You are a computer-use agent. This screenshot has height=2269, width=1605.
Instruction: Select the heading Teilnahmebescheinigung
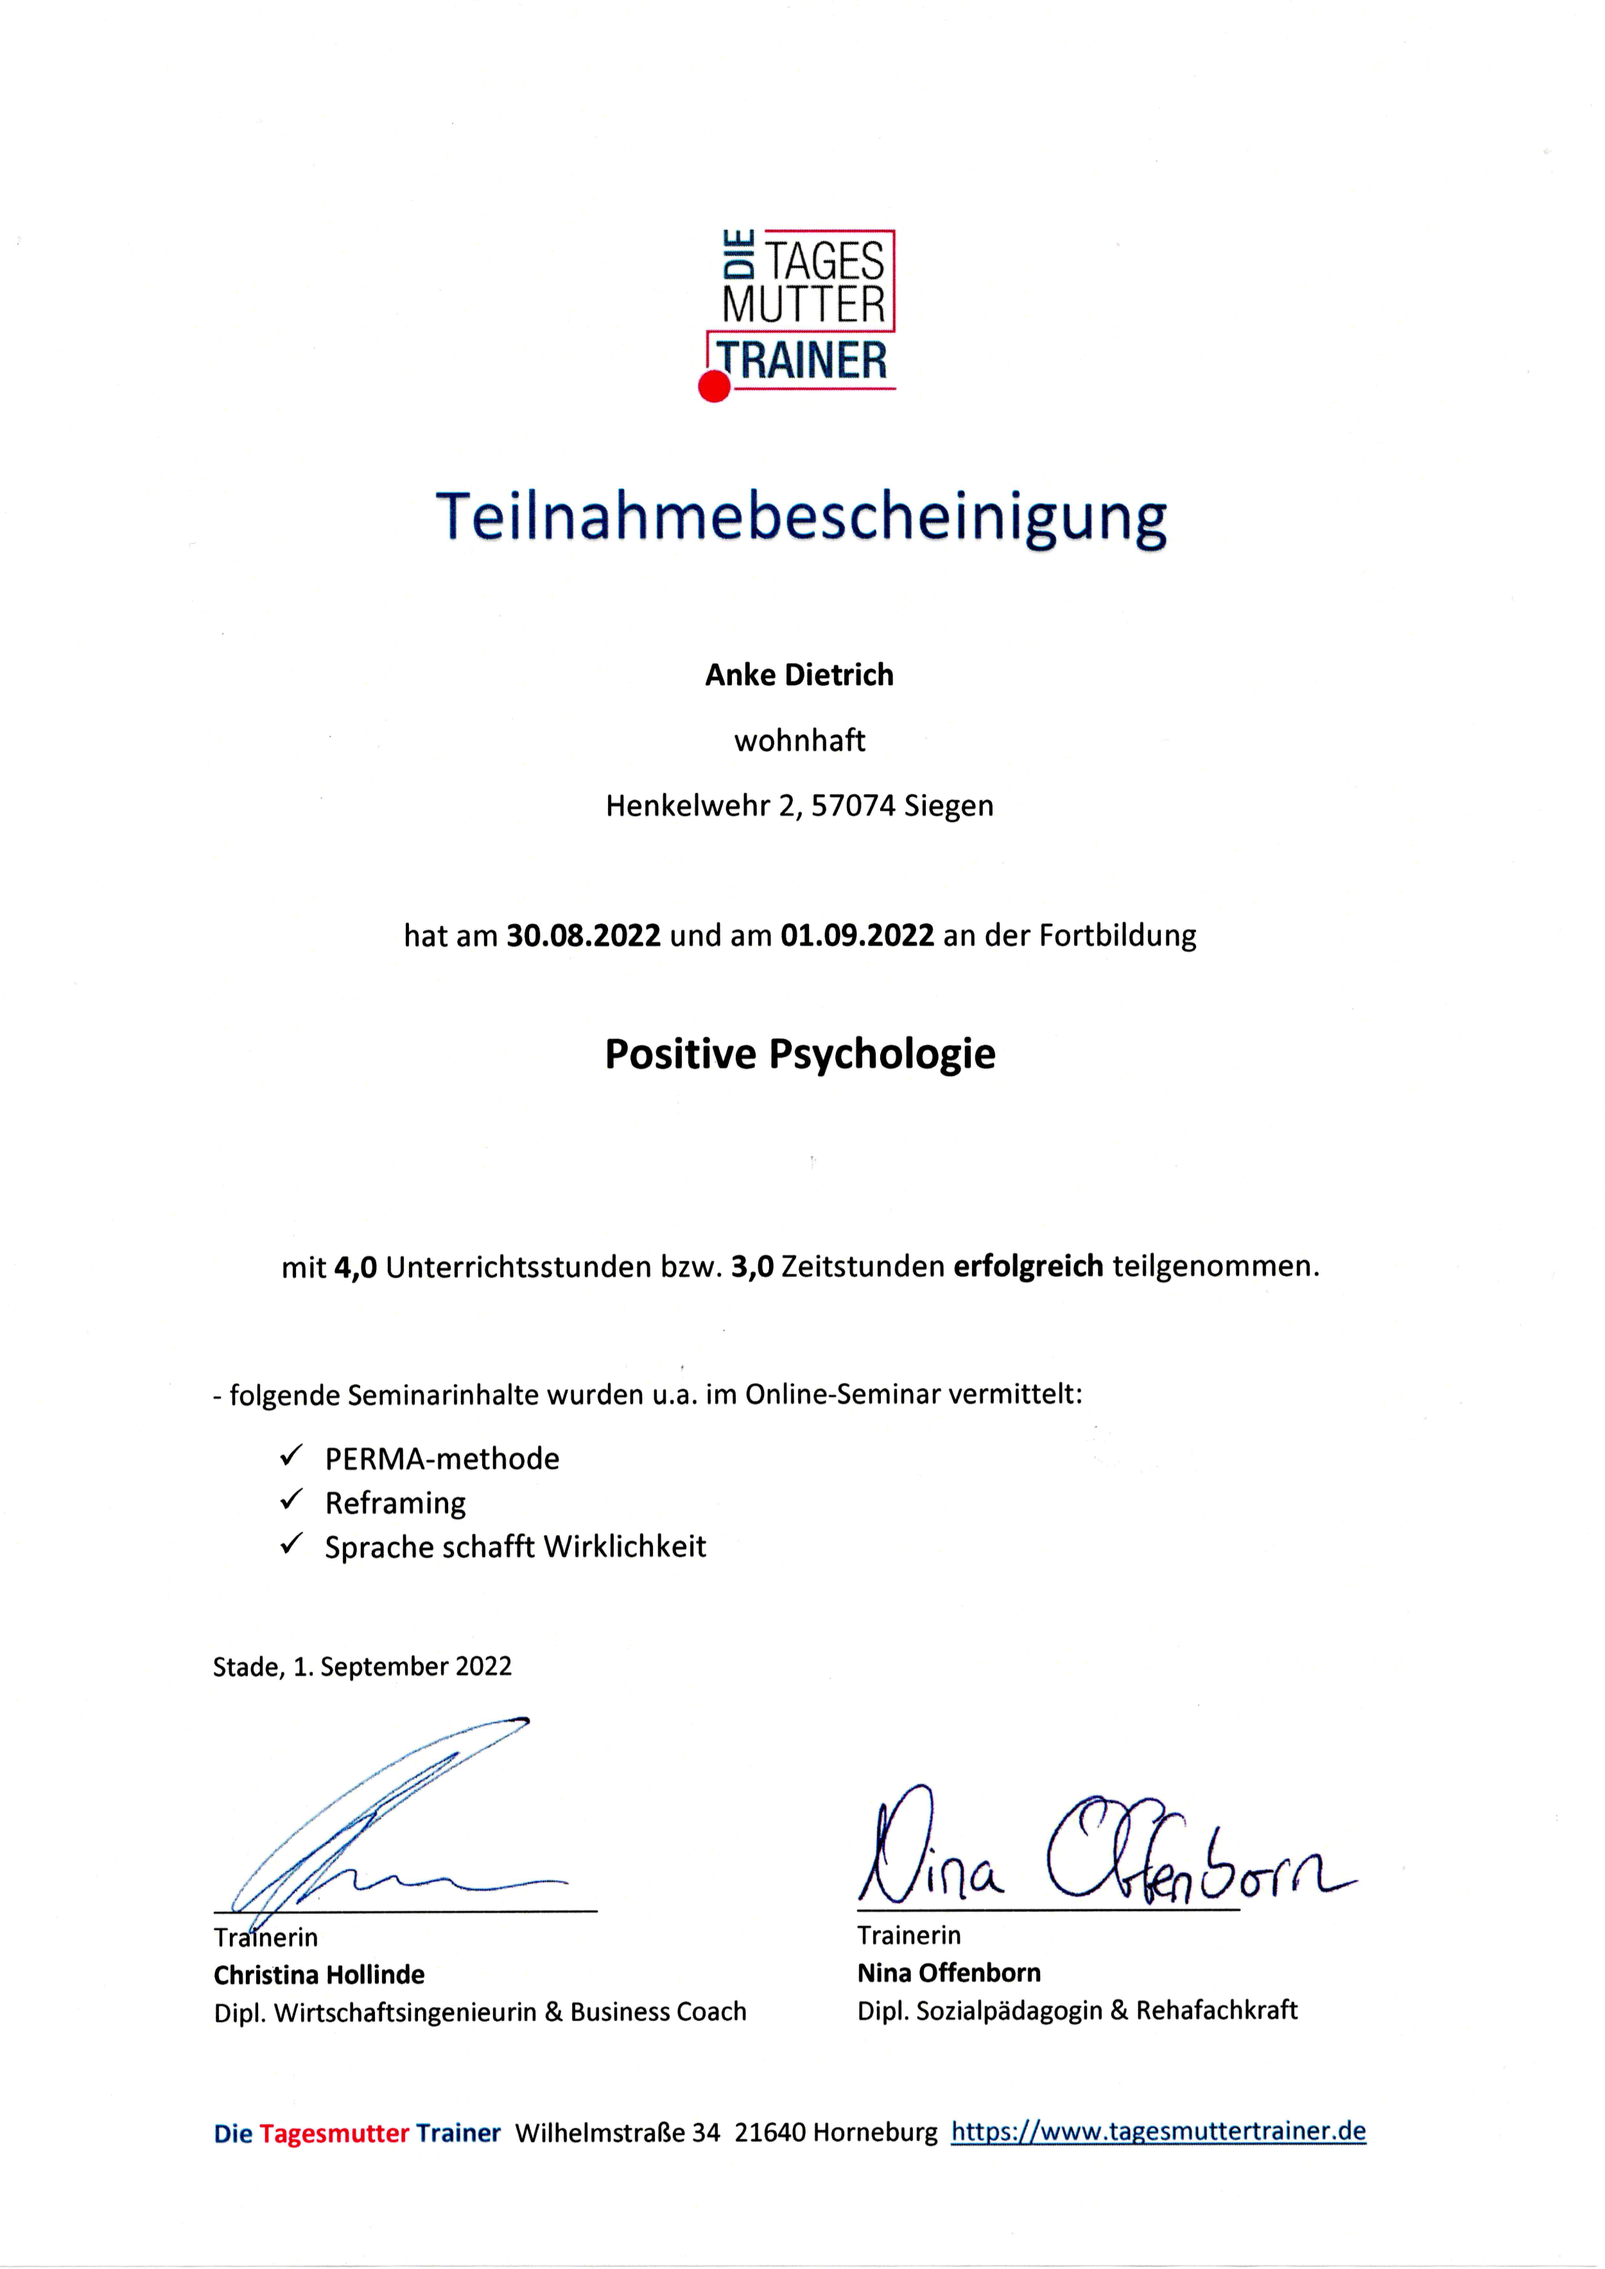point(801,517)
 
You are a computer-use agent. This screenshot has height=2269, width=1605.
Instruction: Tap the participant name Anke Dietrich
point(799,675)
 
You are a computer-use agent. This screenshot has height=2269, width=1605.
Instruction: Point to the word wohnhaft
point(799,740)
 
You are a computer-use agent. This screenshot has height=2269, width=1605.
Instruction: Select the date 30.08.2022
point(583,935)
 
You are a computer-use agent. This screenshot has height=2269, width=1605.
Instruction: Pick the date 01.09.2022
point(857,935)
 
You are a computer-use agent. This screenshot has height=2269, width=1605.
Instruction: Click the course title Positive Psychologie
point(799,1054)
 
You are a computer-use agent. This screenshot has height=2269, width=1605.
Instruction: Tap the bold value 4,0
point(356,1267)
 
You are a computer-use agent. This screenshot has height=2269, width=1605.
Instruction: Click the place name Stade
point(247,1667)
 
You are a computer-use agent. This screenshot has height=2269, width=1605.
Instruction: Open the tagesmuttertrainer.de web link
point(1158,2132)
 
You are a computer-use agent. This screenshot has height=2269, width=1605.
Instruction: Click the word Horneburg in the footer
point(874,2133)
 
